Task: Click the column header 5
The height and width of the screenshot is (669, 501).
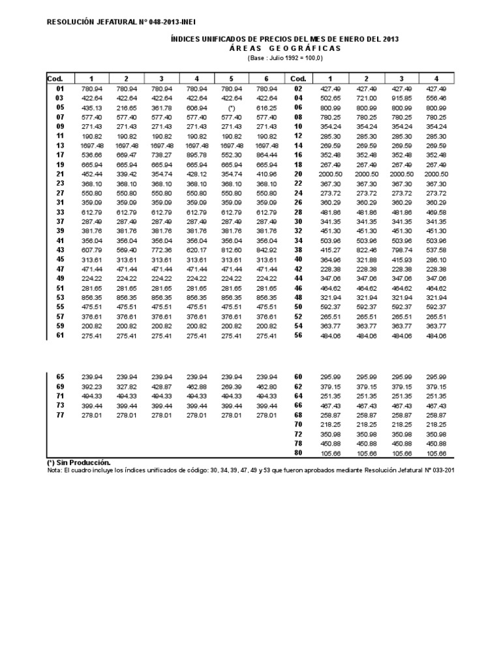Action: (x=232, y=78)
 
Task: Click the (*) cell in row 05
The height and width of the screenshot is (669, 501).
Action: (x=232, y=107)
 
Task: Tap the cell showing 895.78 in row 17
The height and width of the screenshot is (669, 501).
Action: (x=196, y=155)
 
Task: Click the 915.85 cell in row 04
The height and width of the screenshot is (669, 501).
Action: (x=401, y=98)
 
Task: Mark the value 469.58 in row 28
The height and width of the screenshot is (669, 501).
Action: (x=436, y=212)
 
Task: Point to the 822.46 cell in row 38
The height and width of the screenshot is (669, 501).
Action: (x=367, y=250)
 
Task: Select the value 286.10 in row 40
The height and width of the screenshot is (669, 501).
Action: (x=436, y=260)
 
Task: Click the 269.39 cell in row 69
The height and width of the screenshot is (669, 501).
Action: (x=232, y=387)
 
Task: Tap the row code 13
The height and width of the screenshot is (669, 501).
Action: (x=61, y=145)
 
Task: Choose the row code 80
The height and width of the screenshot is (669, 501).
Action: (x=299, y=453)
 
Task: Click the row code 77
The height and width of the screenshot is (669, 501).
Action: (x=61, y=415)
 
